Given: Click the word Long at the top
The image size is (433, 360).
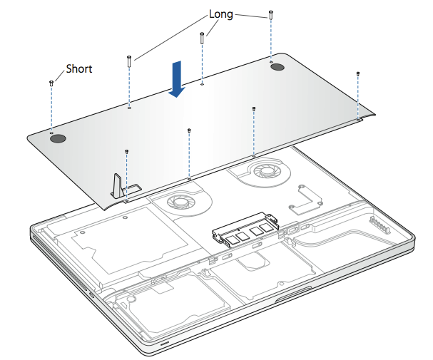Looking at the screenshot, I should pyautogui.click(x=220, y=14).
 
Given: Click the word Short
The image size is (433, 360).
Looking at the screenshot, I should pyautogui.click(x=79, y=69).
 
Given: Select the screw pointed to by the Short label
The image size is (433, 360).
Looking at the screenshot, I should pyautogui.click(x=52, y=83).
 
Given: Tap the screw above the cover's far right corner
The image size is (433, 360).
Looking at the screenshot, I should pyautogui.click(x=357, y=74).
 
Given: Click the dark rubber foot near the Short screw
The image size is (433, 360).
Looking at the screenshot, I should pyautogui.click(x=58, y=138).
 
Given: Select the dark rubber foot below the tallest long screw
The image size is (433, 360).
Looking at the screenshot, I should pyautogui.click(x=277, y=67).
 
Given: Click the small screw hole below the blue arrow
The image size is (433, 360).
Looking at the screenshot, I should pyautogui.click(x=203, y=84).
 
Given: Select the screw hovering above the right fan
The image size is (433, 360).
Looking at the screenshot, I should pyautogui.click(x=254, y=109).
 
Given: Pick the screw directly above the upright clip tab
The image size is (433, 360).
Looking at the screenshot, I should pyautogui.click(x=126, y=152).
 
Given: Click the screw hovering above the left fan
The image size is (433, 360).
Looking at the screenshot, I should pyautogui.click(x=188, y=130).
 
